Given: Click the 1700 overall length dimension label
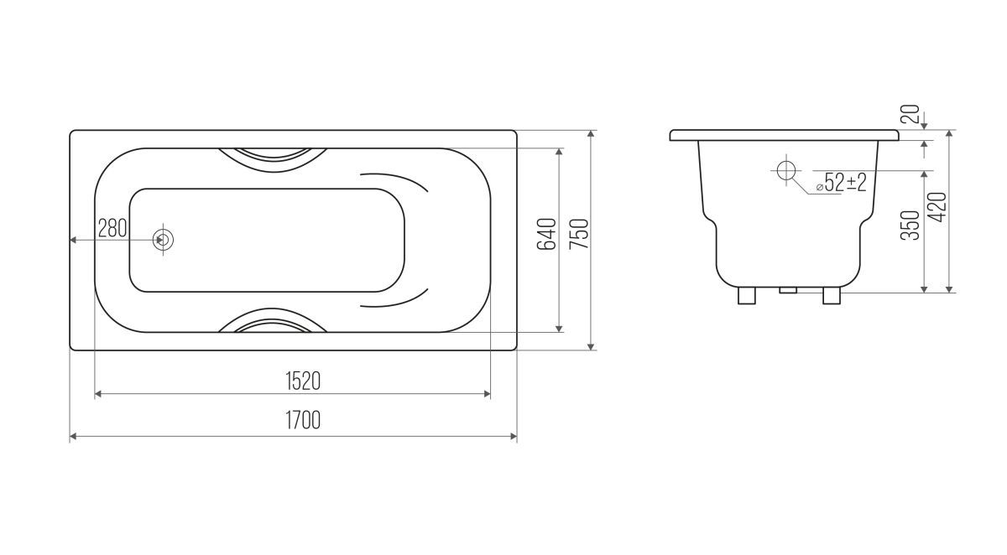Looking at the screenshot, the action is point(303,420).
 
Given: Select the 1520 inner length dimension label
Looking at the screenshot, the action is point(303,381).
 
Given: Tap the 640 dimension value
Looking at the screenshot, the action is point(546,234).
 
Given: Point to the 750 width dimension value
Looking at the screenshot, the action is point(579,234).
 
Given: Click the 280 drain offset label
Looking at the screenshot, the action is point(112,228).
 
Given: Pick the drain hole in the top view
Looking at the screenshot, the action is point(163,240).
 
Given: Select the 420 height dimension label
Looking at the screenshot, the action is point(938,207).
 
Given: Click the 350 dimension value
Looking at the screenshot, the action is point(910,226).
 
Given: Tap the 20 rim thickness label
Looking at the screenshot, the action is point(910,114).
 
